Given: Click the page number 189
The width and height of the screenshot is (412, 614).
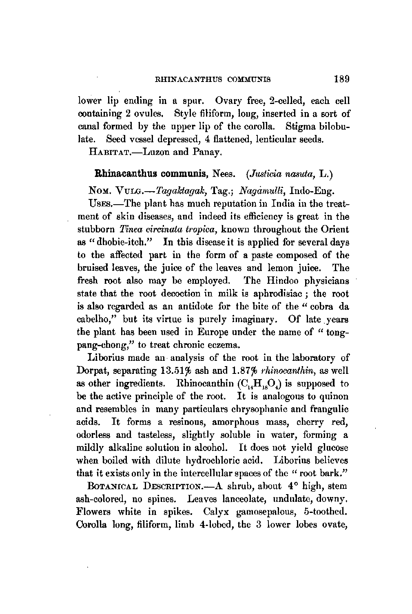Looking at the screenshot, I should pos(341,79).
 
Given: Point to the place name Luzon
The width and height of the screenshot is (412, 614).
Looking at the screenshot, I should pos(151,153).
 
